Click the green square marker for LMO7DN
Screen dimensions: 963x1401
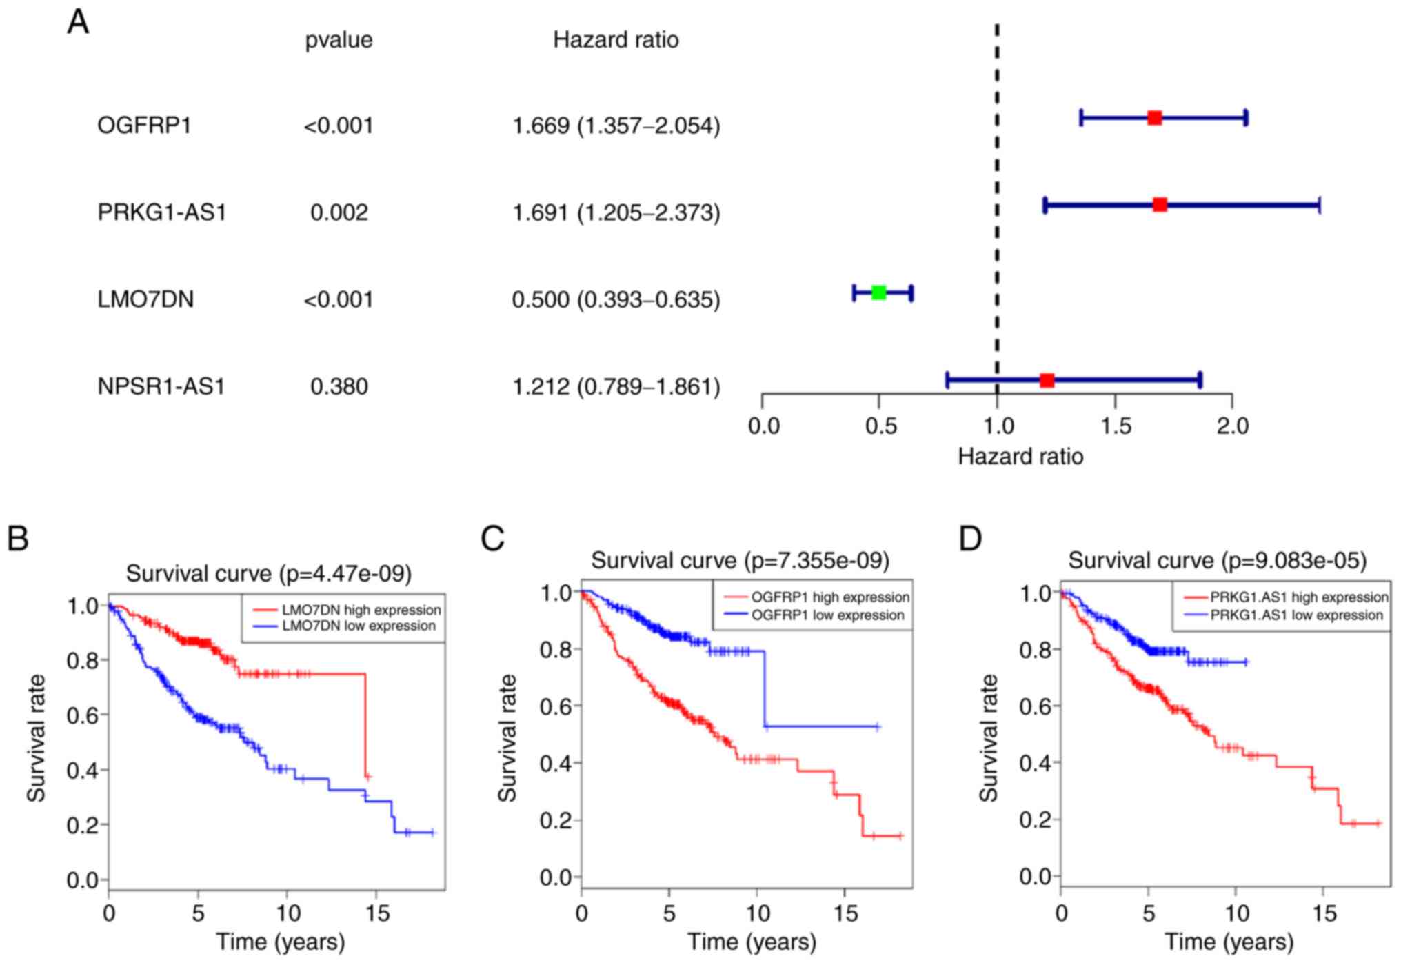(x=878, y=292)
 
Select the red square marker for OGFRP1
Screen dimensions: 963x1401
(x=1154, y=118)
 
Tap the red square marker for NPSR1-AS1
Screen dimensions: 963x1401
(x=1047, y=380)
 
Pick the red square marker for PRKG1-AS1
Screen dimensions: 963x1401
(x=1160, y=205)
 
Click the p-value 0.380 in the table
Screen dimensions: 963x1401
(x=339, y=386)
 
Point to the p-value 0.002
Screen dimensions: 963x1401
(x=339, y=212)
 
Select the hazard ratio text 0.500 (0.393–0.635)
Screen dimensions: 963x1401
(x=615, y=299)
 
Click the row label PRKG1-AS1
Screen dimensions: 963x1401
(x=162, y=212)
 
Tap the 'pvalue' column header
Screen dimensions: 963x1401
(x=339, y=40)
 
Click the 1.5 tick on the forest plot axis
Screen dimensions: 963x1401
(x=1115, y=426)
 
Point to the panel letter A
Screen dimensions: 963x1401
(x=78, y=22)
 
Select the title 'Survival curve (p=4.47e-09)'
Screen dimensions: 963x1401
(x=268, y=573)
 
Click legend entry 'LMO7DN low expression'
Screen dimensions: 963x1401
(x=359, y=626)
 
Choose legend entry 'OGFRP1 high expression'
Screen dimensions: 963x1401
(x=829, y=597)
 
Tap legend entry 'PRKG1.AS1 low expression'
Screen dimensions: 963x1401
(x=1296, y=615)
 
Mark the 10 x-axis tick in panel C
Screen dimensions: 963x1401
(x=758, y=913)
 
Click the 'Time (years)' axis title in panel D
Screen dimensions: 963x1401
(x=1229, y=942)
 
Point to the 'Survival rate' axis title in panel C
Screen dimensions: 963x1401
(x=507, y=738)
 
